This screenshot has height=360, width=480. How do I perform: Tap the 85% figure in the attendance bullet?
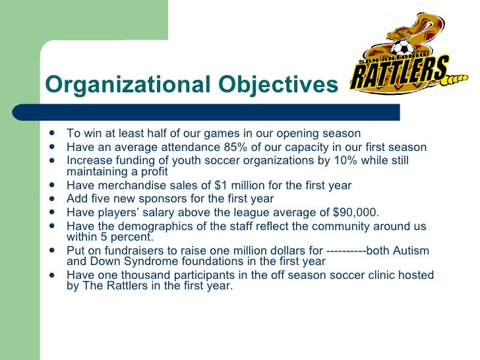click(x=224, y=147)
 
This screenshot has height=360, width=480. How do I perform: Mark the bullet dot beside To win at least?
click(x=52, y=134)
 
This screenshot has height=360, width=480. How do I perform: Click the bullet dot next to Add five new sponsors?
click(x=52, y=198)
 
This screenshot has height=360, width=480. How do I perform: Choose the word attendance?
click(x=167, y=147)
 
